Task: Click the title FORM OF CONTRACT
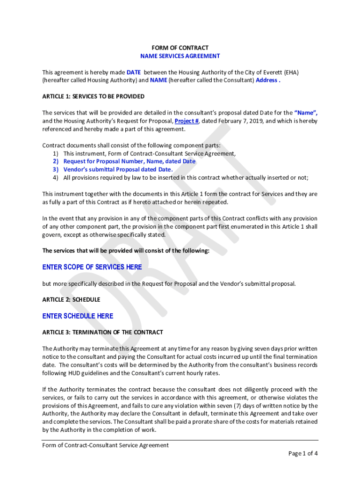click(180, 48)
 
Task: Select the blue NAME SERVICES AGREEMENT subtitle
click(180, 56)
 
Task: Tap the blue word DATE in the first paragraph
click(134, 72)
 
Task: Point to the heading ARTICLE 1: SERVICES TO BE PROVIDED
click(94, 96)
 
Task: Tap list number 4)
click(56, 178)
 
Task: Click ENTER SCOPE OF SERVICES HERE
click(92, 267)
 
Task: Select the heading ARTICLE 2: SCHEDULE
click(71, 299)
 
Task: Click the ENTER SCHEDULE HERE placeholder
click(78, 316)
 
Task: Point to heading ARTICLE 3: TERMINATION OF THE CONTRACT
click(103, 332)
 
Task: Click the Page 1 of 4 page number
click(303, 453)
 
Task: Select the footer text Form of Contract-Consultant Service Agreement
click(106, 445)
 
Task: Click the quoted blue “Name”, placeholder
click(306, 113)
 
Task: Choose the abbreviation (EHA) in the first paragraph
click(290, 72)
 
